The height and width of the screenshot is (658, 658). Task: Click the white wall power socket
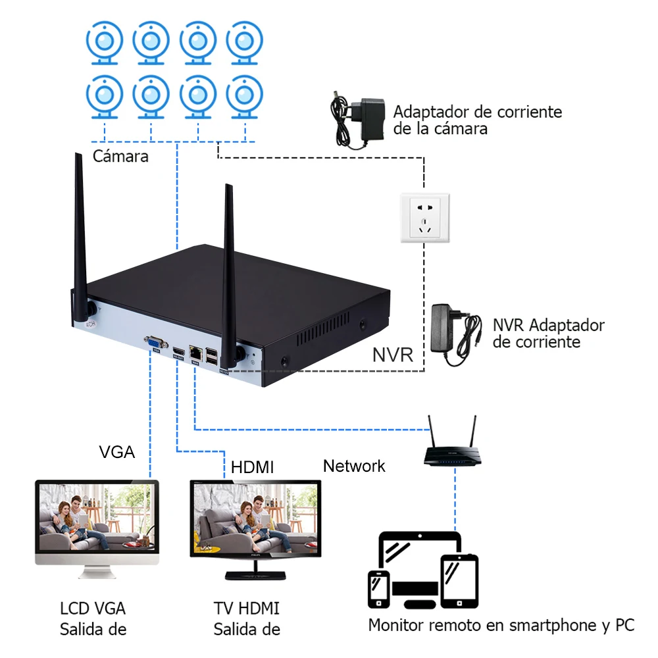[x=425, y=218]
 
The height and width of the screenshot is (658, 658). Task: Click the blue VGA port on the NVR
[x=155, y=342]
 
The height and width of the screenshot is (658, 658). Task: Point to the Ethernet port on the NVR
[x=196, y=352]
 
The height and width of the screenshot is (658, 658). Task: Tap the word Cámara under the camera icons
[x=120, y=157]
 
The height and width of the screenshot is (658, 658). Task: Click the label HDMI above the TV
[x=252, y=467]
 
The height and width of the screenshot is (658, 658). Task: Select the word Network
[x=354, y=466]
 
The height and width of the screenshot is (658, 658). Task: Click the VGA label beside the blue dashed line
[x=117, y=452]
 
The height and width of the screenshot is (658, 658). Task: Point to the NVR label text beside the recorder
[x=393, y=355]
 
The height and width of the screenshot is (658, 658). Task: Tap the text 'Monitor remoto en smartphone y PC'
[x=501, y=625]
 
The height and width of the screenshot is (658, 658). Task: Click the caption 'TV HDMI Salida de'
[x=247, y=619]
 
